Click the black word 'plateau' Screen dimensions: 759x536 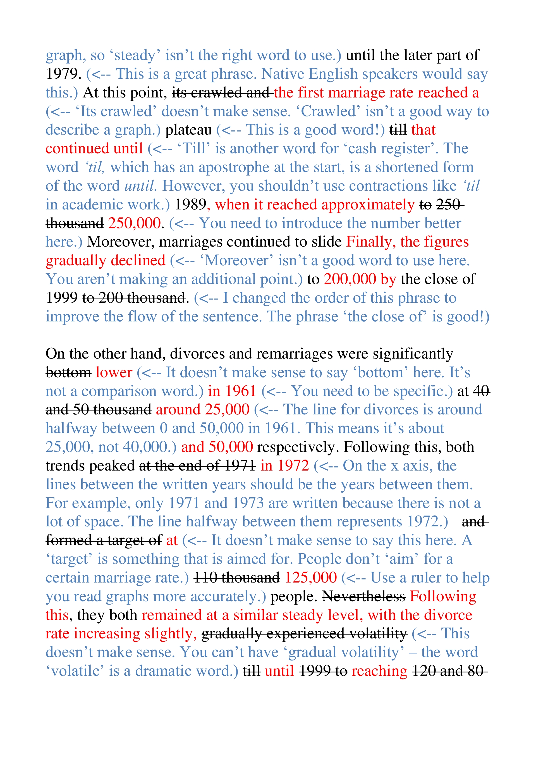coord(188,130)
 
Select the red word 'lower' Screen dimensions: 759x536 coord(114,373)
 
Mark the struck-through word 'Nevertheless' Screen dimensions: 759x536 coord(363,597)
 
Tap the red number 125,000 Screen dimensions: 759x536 coord(310,578)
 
